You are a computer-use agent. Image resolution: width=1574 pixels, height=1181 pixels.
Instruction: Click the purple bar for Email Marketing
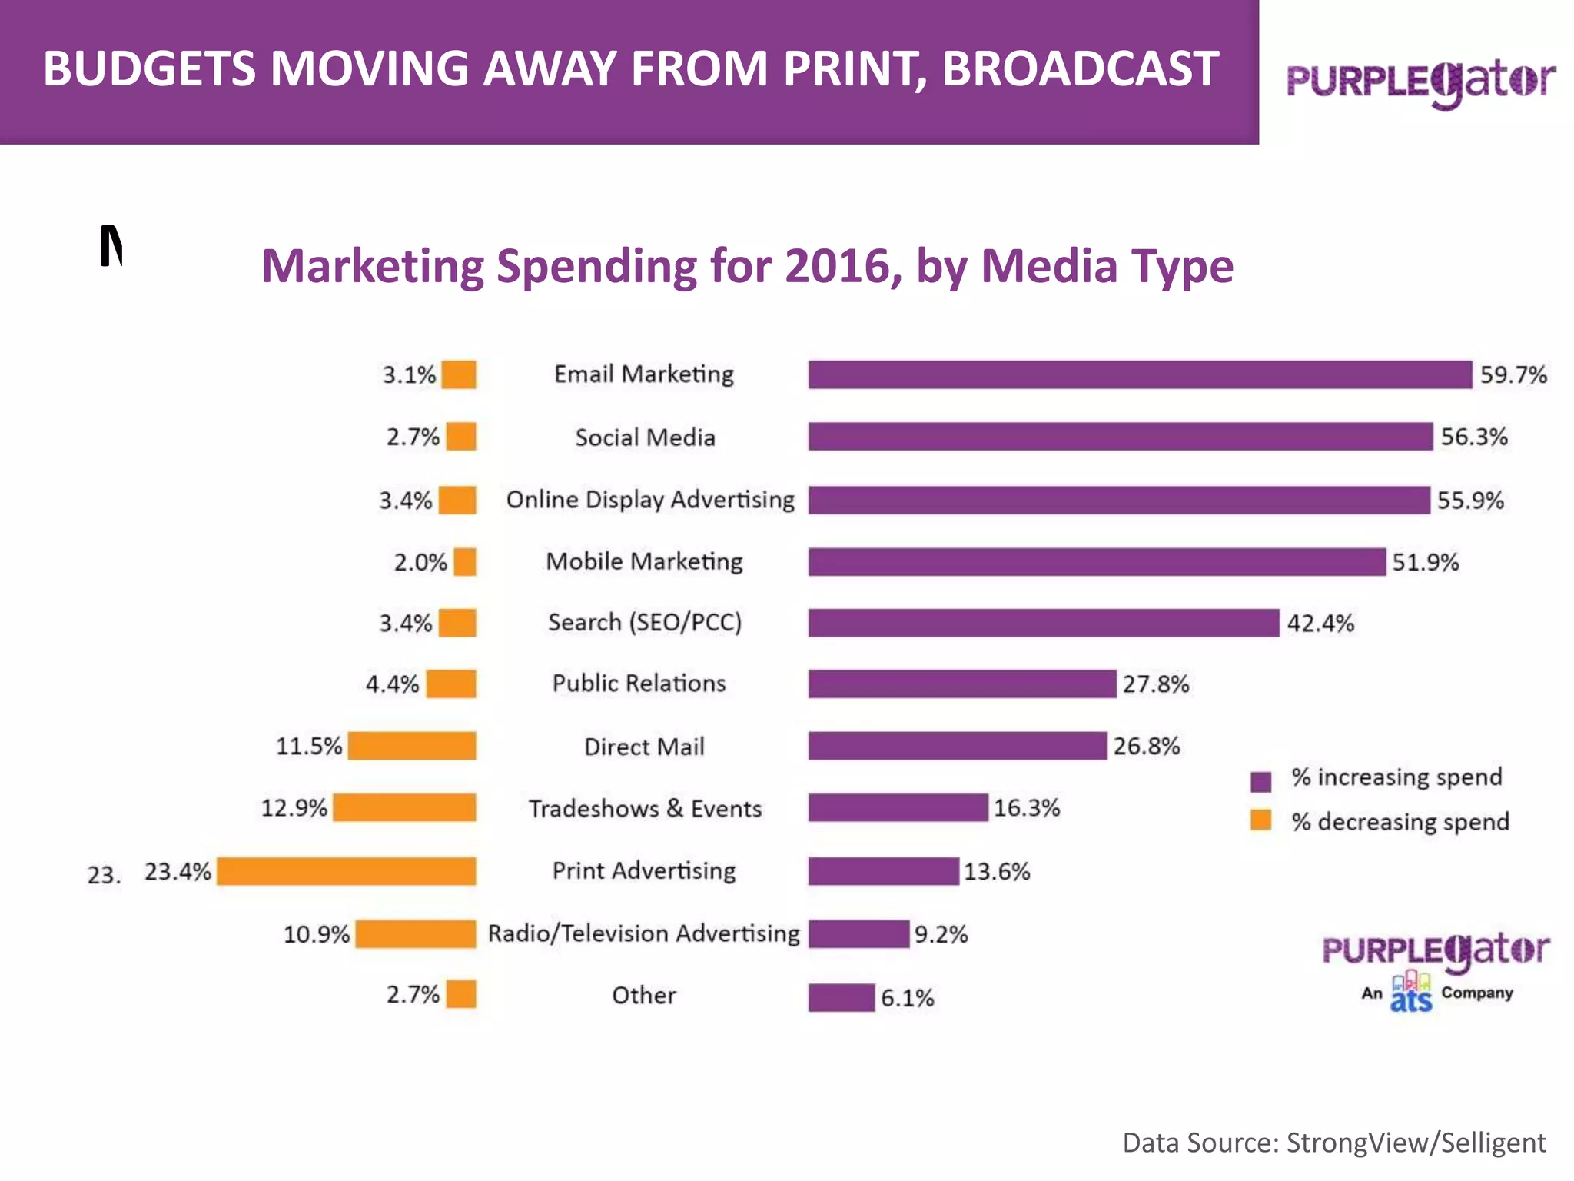1140,374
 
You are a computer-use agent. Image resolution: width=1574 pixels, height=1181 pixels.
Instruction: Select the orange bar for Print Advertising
346,871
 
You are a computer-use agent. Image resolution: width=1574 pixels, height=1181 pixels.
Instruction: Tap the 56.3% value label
1473,437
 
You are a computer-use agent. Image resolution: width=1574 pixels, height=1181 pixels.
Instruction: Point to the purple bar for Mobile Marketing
1097,562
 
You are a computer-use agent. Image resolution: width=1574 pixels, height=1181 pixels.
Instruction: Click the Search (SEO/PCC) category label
645,622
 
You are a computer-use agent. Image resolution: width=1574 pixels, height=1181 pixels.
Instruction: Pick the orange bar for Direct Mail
412,746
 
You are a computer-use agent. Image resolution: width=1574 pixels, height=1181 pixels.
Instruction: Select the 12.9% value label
294,808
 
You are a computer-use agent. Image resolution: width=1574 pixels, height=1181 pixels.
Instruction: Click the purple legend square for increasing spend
1260,781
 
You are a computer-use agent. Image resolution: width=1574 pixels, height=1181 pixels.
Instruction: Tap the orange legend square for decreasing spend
1260,820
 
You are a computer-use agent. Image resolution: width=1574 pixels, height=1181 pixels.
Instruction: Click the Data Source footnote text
1333,1143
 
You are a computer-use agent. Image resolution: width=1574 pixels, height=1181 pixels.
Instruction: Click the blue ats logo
1411,994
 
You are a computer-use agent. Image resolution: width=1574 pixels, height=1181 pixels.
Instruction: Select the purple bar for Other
841,997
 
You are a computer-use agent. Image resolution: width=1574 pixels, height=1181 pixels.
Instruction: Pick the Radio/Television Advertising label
644,933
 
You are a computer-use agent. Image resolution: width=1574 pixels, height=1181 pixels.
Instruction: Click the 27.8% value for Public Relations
1155,684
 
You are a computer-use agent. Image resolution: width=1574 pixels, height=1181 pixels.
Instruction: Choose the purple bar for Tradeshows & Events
898,808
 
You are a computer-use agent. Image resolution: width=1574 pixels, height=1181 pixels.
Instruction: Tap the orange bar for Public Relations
451,684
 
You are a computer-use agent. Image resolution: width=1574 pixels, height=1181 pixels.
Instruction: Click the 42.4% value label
1320,623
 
